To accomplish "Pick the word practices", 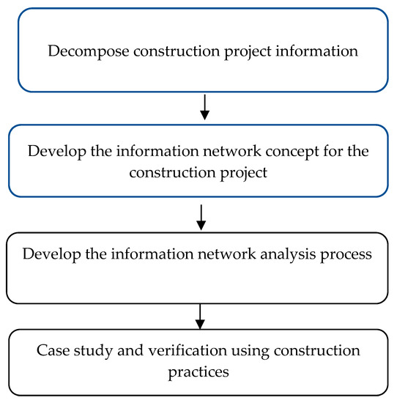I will (x=199, y=371).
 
